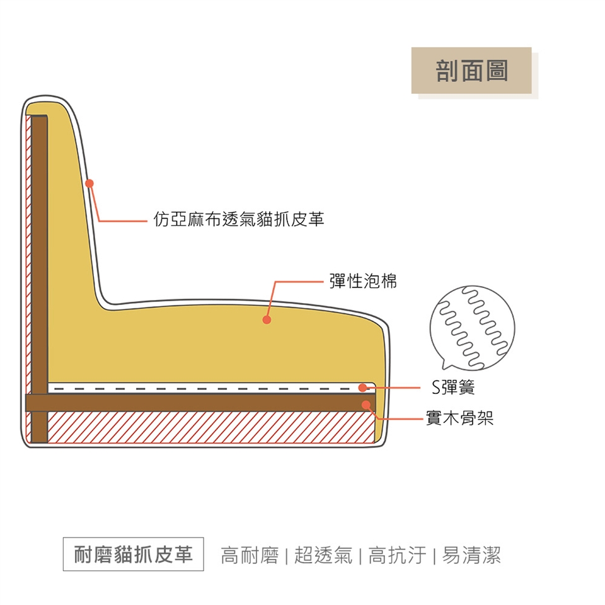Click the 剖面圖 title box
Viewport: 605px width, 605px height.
[471, 71]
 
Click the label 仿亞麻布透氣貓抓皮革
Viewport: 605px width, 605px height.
[239, 219]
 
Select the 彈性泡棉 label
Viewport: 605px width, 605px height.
[364, 282]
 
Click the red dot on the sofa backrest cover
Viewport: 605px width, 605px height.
[89, 183]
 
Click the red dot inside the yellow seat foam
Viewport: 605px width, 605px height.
[267, 320]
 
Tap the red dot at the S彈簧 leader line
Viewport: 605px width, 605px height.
[363, 388]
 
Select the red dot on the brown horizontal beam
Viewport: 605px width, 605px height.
[366, 404]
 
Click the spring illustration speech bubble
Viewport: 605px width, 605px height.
[472, 328]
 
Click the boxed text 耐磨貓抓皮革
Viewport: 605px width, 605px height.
[134, 555]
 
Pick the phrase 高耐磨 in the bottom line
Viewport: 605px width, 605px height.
[250, 555]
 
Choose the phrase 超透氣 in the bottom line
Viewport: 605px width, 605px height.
[323, 555]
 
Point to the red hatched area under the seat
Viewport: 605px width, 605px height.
[208, 427]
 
